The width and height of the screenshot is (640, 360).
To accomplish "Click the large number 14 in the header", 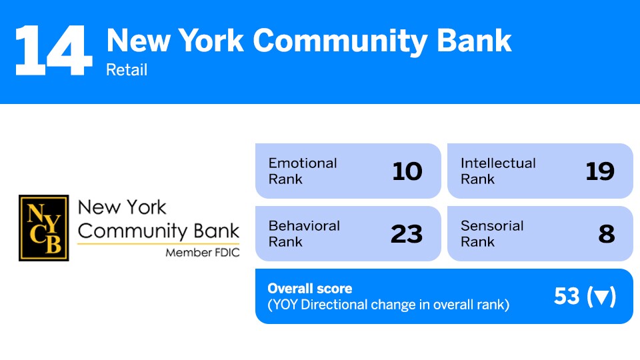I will point(53,51).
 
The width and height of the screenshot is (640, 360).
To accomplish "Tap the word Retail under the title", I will point(127,69).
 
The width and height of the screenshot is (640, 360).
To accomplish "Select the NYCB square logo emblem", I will point(43,227).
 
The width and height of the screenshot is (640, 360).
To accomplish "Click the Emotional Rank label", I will point(303,171).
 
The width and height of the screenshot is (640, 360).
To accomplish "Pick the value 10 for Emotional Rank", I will point(407,171).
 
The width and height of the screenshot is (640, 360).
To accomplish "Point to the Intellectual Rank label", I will point(497,171).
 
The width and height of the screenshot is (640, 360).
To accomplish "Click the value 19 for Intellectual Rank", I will point(599,171).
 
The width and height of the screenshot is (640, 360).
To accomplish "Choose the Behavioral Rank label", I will point(304,233).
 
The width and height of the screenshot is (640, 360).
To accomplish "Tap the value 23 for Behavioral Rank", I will point(407,234).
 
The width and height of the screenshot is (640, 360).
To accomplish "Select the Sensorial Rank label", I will point(492,233).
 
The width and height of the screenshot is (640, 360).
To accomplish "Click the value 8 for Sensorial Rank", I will point(606,234).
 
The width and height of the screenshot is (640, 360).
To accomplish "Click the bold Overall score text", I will point(309,289).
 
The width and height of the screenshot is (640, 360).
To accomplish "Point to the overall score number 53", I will point(567,297).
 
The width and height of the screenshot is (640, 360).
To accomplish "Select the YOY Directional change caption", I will point(388,305).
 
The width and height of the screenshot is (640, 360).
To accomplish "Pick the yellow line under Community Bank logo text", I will point(158,243).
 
